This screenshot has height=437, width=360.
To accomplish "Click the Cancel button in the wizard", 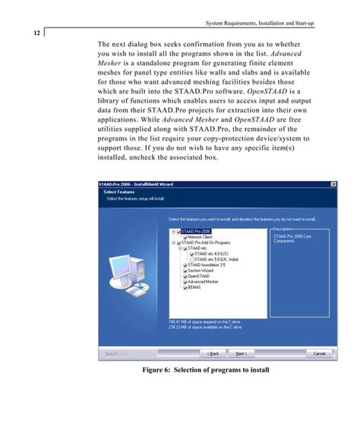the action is [x=320, y=353].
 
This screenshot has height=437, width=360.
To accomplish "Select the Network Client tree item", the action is [x=198, y=236].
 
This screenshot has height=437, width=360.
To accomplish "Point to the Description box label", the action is [x=282, y=228].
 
